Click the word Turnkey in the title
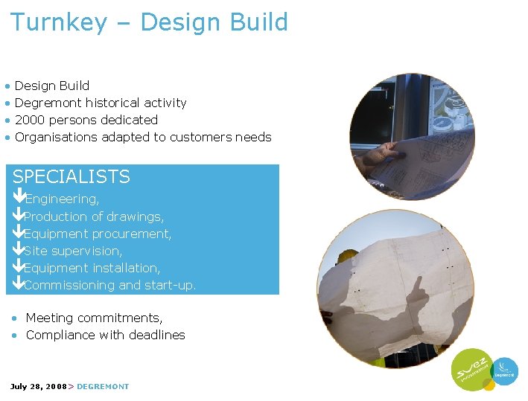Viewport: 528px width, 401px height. [x=59, y=22]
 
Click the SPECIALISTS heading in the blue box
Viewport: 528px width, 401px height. [x=71, y=177]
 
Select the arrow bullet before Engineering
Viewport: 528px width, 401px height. [x=19, y=199]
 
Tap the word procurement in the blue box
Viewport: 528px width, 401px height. [x=135, y=234]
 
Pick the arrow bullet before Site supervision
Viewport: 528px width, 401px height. [x=19, y=251]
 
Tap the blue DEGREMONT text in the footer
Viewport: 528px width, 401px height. [x=103, y=386]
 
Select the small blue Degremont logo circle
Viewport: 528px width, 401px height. [x=506, y=370]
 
